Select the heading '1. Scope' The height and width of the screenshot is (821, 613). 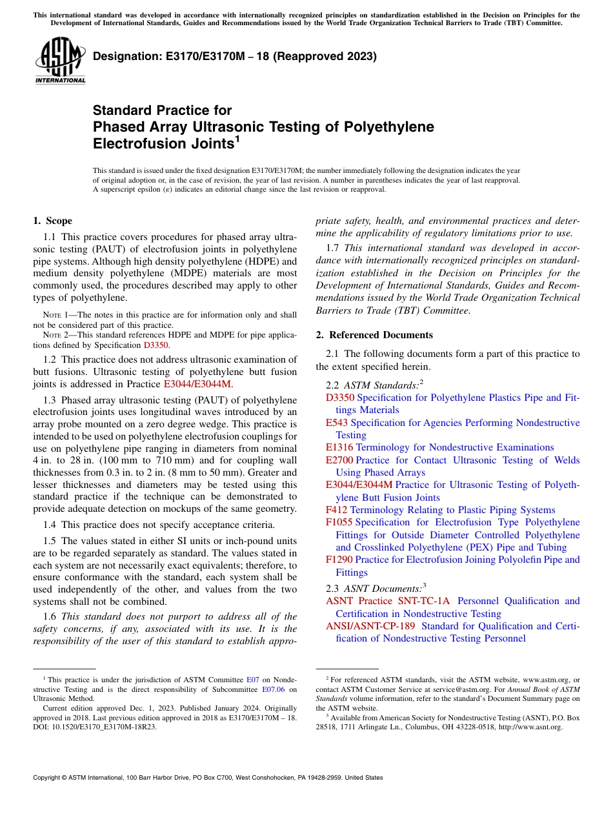pyautogui.click(x=52, y=221)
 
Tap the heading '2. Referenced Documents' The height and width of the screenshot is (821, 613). pyautogui.click(x=374, y=335)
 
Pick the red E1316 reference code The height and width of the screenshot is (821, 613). pyautogui.click(x=339, y=447)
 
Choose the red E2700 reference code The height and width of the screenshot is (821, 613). pyautogui.click(x=339, y=460)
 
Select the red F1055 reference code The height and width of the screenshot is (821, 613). pyautogui.click(x=339, y=522)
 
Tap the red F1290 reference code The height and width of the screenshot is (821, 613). pyautogui.click(x=339, y=560)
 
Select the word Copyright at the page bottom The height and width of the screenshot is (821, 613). pyautogui.click(x=49, y=778)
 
